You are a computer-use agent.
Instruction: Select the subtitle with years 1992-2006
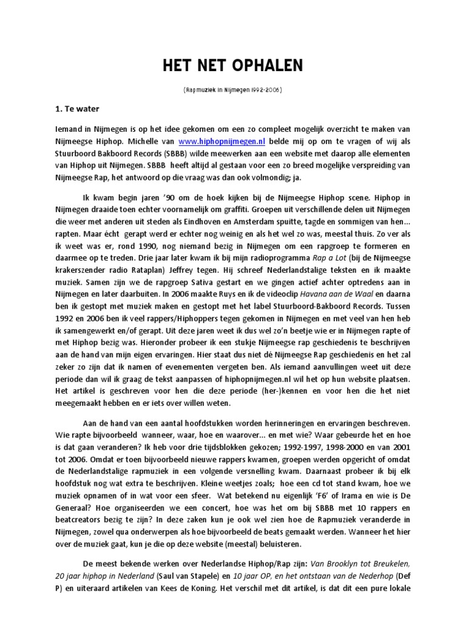click(x=232, y=90)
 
